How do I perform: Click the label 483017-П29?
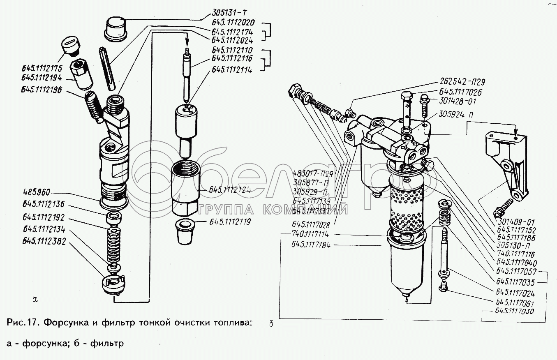(313, 173)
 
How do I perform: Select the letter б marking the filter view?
(271, 324)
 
